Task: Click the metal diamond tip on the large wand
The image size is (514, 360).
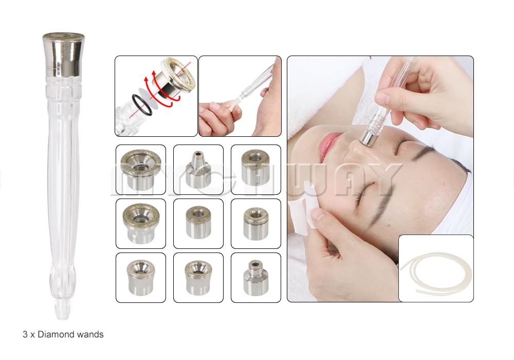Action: (64, 55)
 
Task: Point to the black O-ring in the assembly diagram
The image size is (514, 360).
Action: (142, 105)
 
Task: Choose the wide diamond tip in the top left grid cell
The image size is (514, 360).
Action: (141, 170)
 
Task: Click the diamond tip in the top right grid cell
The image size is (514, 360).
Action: (255, 167)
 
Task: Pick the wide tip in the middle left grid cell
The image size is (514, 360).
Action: (141, 223)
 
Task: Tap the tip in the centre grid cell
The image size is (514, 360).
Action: (198, 222)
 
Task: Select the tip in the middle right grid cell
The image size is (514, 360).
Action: (256, 223)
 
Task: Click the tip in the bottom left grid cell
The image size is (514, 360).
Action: (141, 278)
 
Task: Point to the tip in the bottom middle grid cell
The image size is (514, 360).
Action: (198, 278)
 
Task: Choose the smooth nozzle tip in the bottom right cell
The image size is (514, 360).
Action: (255, 278)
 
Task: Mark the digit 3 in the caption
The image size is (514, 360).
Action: (25, 334)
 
